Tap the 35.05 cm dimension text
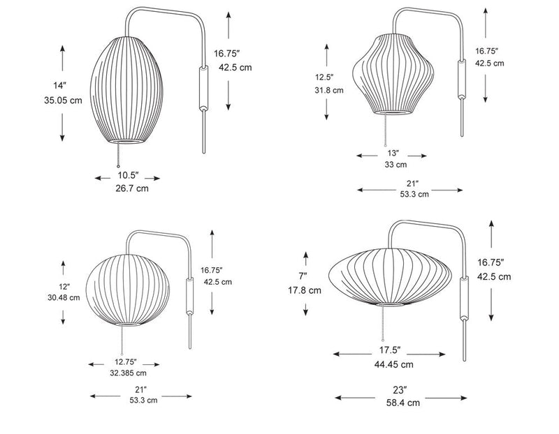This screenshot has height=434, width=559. pos(62,100)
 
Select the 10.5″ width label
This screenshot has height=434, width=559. pos(127,175)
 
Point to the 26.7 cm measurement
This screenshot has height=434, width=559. pos(131,188)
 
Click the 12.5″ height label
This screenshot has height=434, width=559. pos(325,77)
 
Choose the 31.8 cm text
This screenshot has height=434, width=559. pos(328,90)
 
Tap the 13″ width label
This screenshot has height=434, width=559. pos(393,153)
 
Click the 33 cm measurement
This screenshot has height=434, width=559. pos(395,165)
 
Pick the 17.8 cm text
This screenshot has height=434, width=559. pos(305,290)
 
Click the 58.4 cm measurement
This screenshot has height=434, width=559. pos(403,403)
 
